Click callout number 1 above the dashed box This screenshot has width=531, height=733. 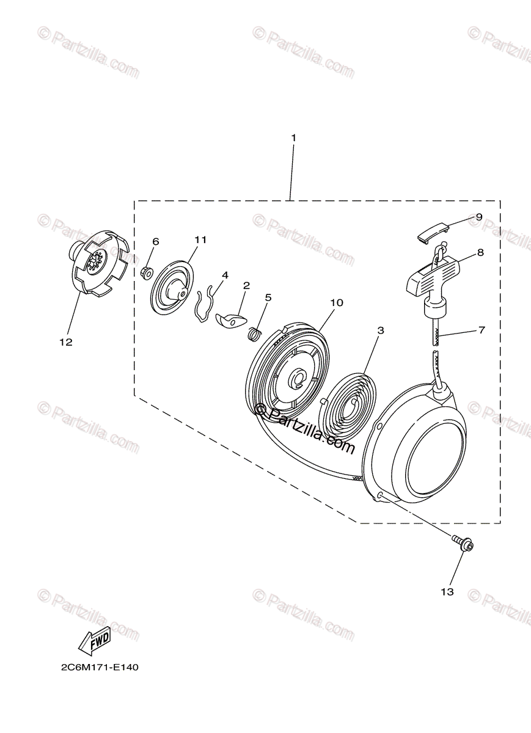tap(293, 138)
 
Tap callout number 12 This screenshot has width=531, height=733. tap(66, 342)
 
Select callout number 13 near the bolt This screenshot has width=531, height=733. tap(447, 592)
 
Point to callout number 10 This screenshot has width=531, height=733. tap(337, 303)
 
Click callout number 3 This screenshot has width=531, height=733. tap(381, 330)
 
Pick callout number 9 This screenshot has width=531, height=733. tap(479, 217)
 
